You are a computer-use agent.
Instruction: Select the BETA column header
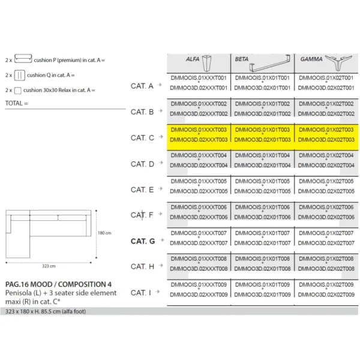click(242, 60)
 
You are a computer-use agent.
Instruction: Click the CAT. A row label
click(142, 86)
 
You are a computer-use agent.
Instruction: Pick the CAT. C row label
click(142, 138)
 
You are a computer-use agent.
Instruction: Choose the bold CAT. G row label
click(143, 241)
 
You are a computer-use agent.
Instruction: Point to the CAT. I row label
click(141, 293)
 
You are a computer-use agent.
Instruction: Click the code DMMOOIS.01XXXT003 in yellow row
click(199, 130)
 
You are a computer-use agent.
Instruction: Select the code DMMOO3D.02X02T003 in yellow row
click(327, 140)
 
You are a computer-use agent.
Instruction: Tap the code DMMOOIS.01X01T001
click(263, 78)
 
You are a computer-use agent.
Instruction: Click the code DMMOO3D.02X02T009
click(327, 295)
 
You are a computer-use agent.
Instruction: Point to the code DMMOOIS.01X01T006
click(263, 207)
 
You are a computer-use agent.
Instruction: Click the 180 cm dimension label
click(104, 233)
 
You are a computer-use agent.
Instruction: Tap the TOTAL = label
click(17, 103)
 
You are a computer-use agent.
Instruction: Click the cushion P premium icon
click(23, 59)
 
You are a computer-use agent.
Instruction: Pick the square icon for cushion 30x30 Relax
click(18, 91)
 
